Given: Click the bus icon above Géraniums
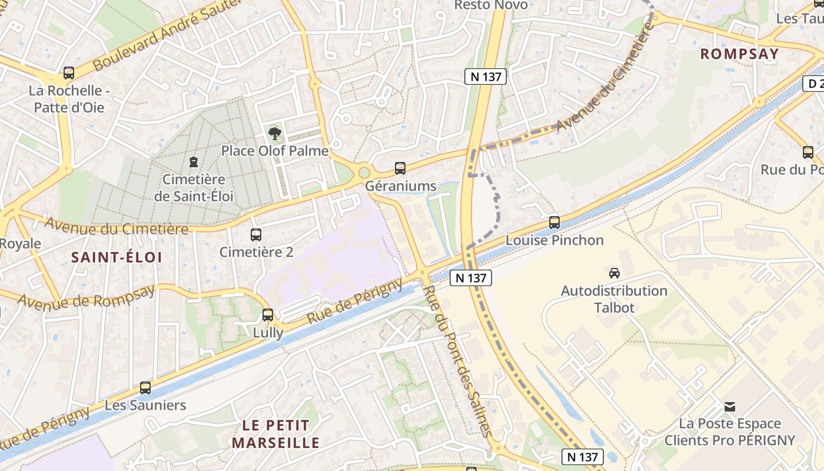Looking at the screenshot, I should tap(400, 168).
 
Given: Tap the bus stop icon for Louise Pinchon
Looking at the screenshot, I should tap(554, 223).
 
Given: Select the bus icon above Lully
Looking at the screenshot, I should tap(268, 315).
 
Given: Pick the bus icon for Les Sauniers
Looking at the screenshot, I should tap(145, 388).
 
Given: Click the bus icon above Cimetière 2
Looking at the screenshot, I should tap(255, 235).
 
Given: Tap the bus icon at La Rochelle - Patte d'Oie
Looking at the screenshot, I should tap(69, 74).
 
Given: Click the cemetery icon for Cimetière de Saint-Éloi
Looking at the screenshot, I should tap(193, 161).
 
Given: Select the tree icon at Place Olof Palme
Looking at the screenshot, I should tap(274, 133).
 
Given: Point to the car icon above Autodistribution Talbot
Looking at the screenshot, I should tap(614, 273).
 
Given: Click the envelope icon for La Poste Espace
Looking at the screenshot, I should tap(730, 406).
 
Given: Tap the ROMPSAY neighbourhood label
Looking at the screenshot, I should tap(739, 54).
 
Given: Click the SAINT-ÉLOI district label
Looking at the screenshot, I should tap(117, 257).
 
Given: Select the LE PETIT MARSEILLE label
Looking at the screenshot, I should tap(275, 434).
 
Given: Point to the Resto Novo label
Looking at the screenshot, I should tap(491, 5).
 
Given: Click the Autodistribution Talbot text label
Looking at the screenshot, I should tap(614, 299).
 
